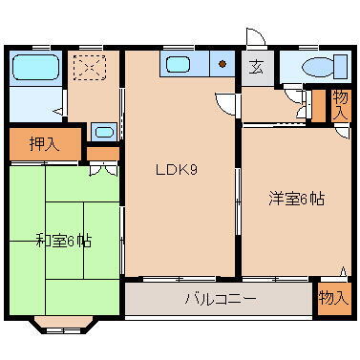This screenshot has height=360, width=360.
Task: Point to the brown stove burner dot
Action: [x=222, y=66]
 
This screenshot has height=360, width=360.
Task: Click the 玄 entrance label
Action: [x=257, y=67]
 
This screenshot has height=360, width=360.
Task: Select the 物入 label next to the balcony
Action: [x=333, y=299]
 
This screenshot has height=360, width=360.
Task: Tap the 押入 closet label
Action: [x=42, y=144]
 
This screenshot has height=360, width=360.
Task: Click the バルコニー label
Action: [x=220, y=299]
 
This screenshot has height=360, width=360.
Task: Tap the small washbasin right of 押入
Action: [x=105, y=133]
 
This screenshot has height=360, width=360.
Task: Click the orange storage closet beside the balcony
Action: [x=333, y=298]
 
